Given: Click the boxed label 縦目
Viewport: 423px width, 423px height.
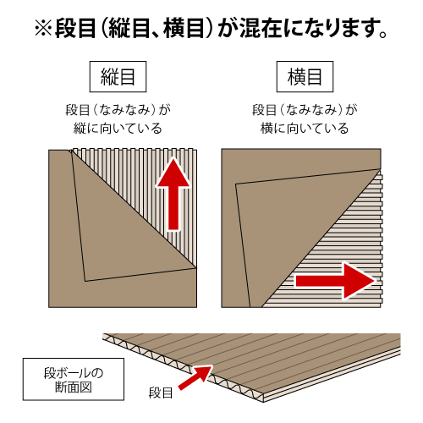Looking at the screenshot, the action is coord(118,77).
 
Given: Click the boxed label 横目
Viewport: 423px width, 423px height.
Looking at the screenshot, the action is coord(305,77).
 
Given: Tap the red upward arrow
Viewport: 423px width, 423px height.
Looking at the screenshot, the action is coord(173,195).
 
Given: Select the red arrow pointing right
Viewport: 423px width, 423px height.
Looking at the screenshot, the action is coord(336,281).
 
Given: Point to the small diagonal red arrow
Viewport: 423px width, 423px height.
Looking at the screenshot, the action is coord(195,377).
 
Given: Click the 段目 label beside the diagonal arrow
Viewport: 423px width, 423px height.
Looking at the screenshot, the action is coord(161,393).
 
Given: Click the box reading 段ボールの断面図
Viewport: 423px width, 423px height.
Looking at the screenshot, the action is coord(74,379).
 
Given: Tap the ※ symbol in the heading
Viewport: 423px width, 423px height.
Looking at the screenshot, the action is coord(43,29).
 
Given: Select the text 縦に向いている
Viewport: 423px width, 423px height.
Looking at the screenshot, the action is coord(118,129).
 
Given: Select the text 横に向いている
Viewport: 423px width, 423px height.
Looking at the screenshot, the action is coord(305,129).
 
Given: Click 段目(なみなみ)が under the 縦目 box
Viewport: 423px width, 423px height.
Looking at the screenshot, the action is coord(118,110).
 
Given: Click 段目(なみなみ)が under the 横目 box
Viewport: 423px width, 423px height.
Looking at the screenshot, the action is coord(305,110).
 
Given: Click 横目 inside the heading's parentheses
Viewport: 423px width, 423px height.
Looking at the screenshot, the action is coord(184,28).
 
